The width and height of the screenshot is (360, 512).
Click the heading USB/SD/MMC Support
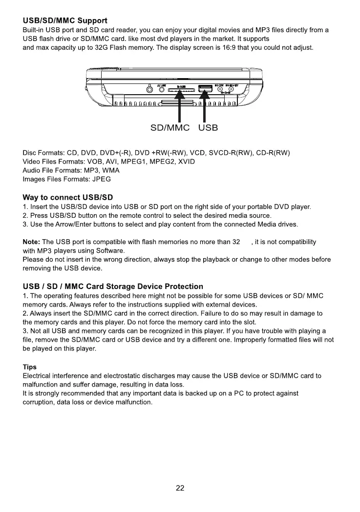(x=65, y=21)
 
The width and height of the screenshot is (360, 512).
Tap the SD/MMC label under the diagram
(x=169, y=128)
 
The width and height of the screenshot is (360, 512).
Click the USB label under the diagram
(x=208, y=128)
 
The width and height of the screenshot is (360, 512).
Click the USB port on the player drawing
(x=205, y=88)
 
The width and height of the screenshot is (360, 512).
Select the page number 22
(x=180, y=488)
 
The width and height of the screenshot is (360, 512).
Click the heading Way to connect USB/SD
(x=68, y=198)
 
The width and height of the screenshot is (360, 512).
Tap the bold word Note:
(x=32, y=242)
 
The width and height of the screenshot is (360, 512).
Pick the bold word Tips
(x=30, y=367)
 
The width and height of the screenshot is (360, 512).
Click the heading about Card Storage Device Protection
(x=113, y=287)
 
